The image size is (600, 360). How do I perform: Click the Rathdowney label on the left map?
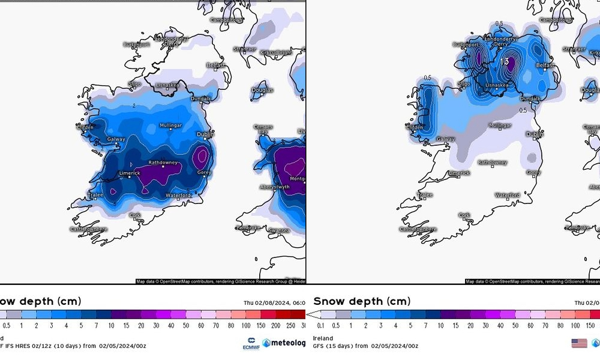click(x=163, y=162)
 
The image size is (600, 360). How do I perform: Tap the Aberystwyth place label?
click(x=274, y=187)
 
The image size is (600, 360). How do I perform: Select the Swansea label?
click(x=280, y=230)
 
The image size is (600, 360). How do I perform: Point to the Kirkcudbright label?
click(x=275, y=53)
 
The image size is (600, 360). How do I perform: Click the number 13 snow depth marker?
click(x=505, y=61)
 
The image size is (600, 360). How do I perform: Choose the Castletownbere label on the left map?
click(x=89, y=229)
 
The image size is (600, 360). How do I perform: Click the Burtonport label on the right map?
click(x=466, y=44)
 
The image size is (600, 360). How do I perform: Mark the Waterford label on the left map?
click(x=178, y=195)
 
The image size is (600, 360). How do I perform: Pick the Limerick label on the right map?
click(x=460, y=173)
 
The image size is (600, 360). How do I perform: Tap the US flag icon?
click(x=579, y=343)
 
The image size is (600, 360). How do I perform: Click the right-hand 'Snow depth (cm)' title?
click(x=362, y=301)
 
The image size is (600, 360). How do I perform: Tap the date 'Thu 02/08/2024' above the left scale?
click(x=269, y=302)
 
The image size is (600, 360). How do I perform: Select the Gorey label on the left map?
click(x=203, y=172)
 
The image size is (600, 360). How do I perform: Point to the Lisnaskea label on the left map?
click(x=168, y=86)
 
